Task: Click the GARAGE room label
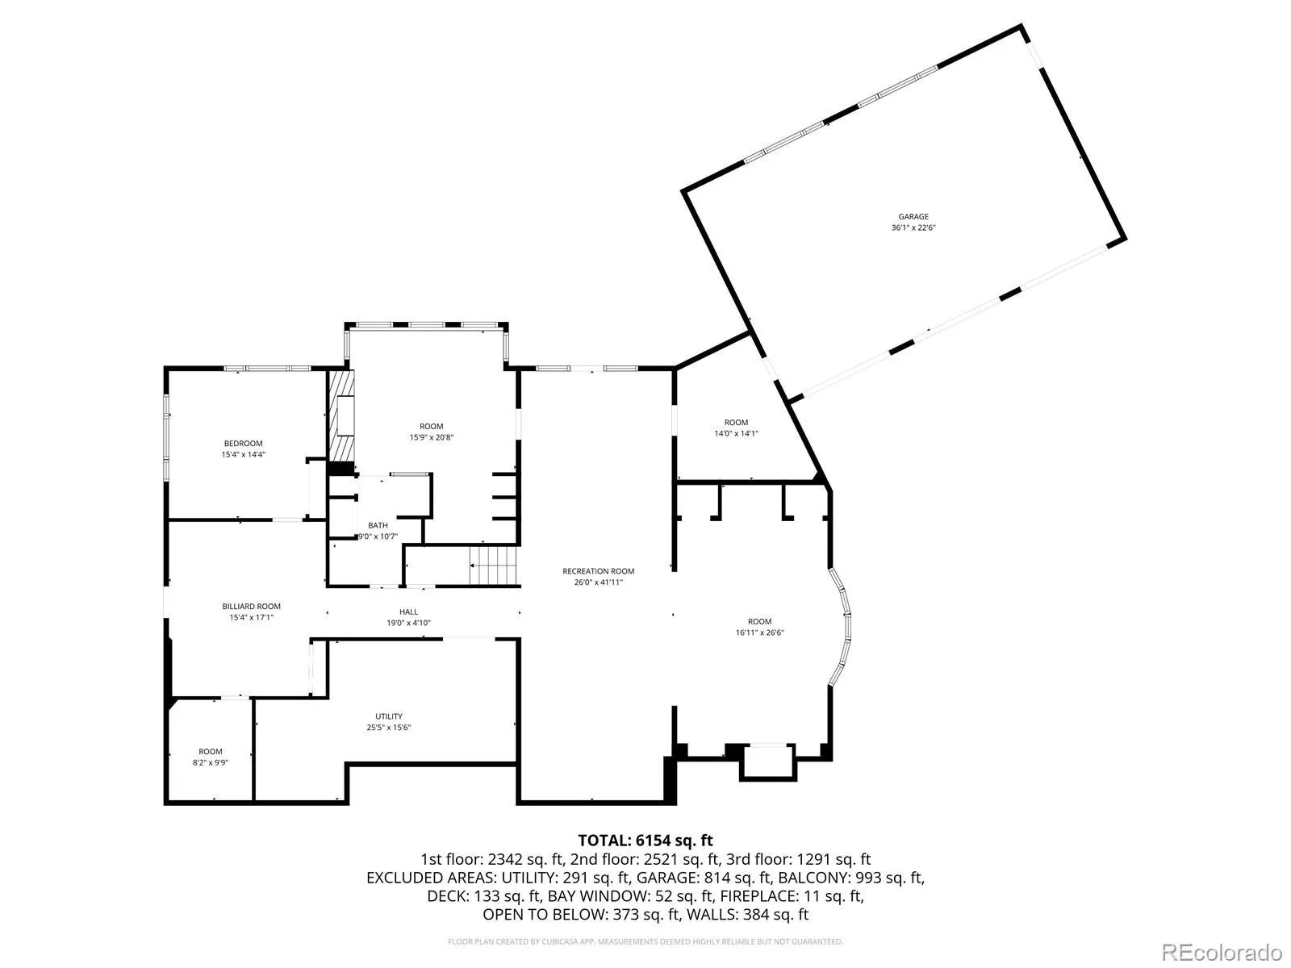pos(913,216)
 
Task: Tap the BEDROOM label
pos(243,443)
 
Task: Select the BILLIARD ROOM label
pos(251,606)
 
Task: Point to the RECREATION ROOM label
pos(598,570)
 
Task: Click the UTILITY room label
pos(389,716)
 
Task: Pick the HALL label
pos(408,611)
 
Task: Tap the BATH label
pos(378,525)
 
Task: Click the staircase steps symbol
pos(494,565)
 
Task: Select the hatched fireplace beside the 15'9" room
pos(342,418)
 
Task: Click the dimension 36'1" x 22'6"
pos(913,227)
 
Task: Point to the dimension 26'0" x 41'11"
pos(598,582)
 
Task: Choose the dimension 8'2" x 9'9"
pos(211,762)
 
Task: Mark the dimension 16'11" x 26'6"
pos(759,632)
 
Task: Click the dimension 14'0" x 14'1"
pos(736,433)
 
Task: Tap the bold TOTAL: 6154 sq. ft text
pos(645,841)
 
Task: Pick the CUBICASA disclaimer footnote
pos(645,941)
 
